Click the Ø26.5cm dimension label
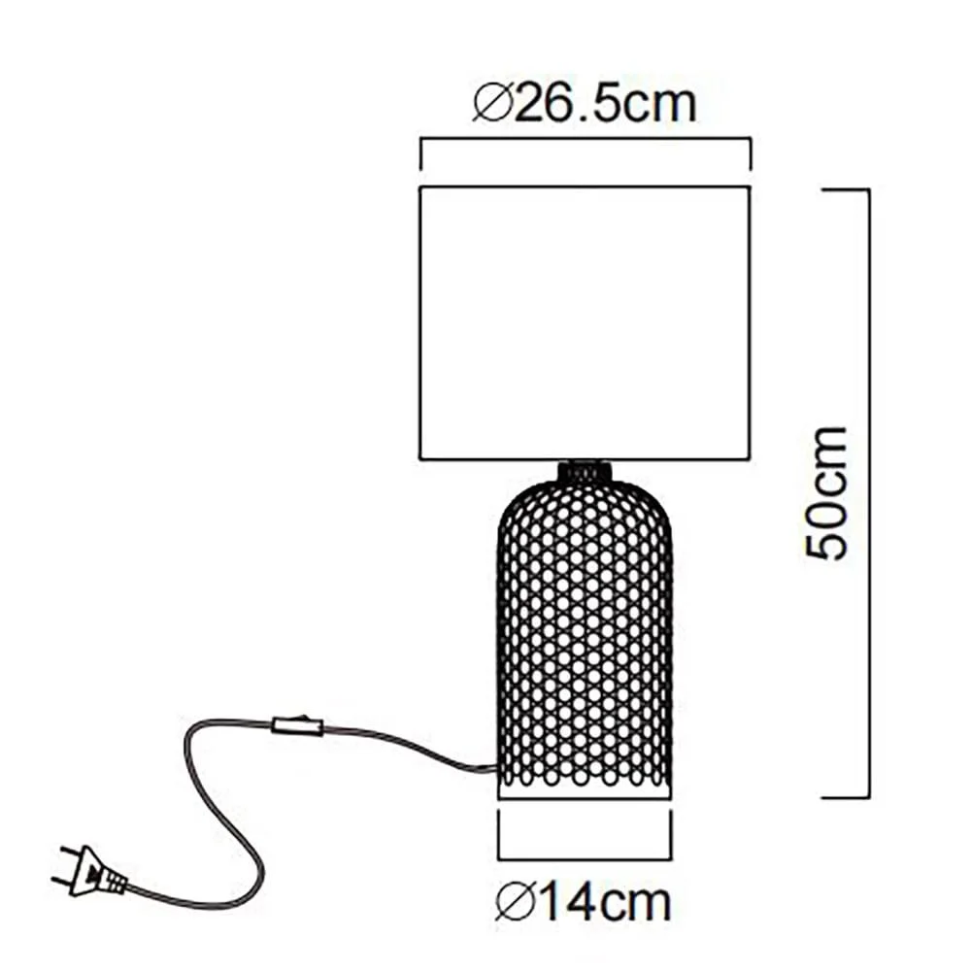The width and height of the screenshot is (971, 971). pyautogui.click(x=585, y=104)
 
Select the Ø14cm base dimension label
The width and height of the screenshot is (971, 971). pyautogui.click(x=584, y=903)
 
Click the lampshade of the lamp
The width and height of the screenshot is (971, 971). pyautogui.click(x=586, y=322)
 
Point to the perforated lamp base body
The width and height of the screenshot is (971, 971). pyautogui.click(x=585, y=637)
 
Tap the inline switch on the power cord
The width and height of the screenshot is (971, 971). pyautogui.click(x=297, y=724)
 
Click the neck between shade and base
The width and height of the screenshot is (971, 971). pyautogui.click(x=585, y=470)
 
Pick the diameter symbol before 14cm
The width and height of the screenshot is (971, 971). pyautogui.click(x=515, y=903)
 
